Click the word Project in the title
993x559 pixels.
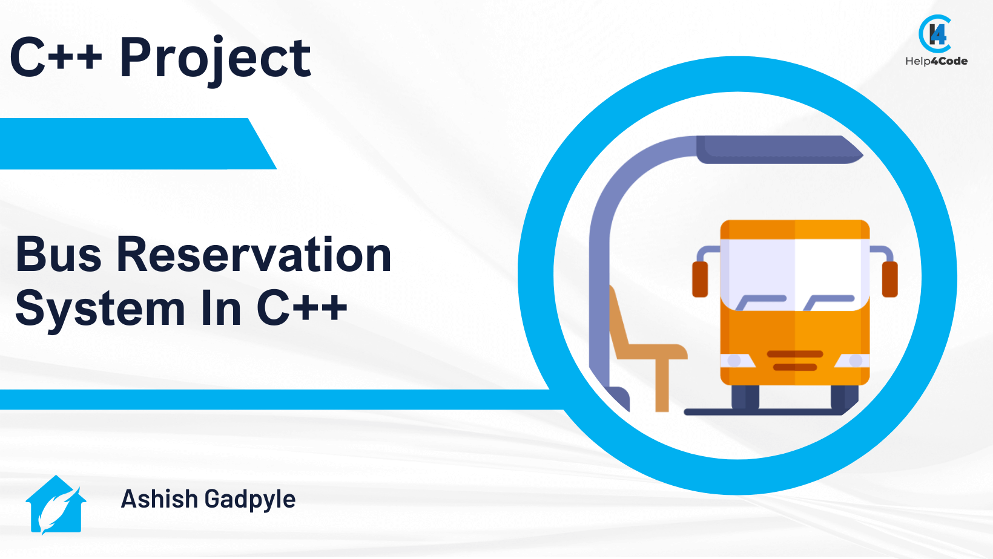click(x=215, y=59)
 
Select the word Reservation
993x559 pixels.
click(x=254, y=255)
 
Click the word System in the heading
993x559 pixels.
click(x=100, y=309)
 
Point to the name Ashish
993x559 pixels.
click(x=159, y=500)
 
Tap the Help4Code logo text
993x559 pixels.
click(x=936, y=61)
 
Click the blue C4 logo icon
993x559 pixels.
click(x=935, y=34)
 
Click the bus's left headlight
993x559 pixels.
click(x=734, y=361)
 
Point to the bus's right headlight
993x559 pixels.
click(x=855, y=361)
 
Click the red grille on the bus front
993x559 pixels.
click(x=795, y=361)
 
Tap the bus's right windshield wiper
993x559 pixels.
click(x=829, y=301)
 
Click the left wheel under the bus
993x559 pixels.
click(x=745, y=397)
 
